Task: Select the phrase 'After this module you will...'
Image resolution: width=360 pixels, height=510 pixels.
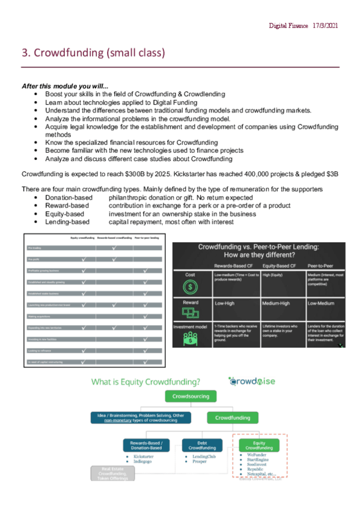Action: [x=65, y=87]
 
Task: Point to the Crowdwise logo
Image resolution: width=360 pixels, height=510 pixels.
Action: [x=249, y=381]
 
